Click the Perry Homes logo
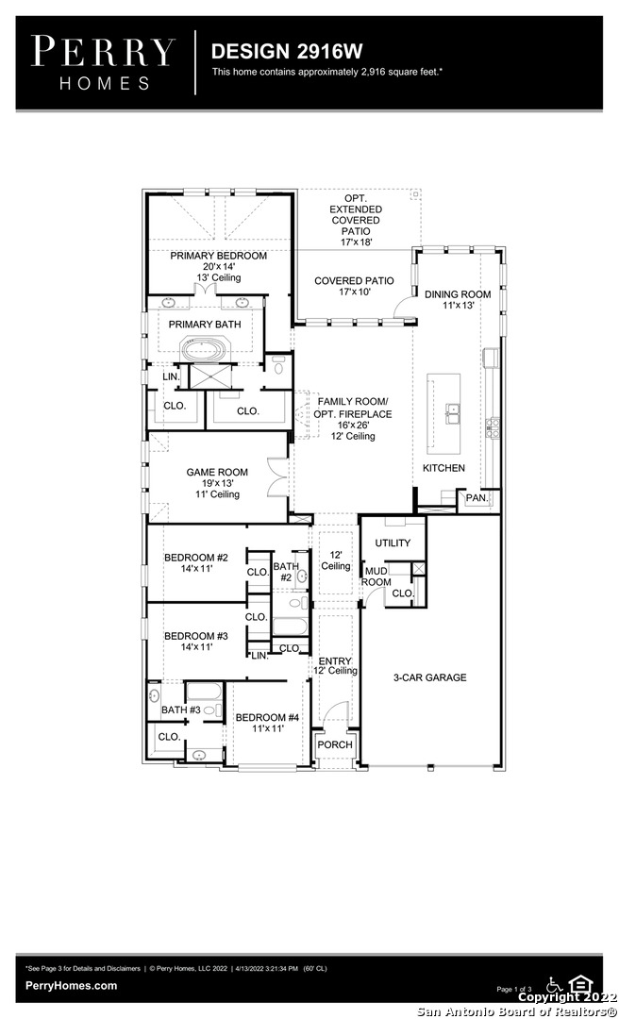click(x=104, y=62)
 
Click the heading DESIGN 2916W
click(x=287, y=51)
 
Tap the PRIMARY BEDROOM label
click(x=219, y=256)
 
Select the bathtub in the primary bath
click(x=205, y=349)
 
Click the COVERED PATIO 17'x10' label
click(x=354, y=287)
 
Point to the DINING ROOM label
click(x=458, y=294)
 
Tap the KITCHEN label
click(x=444, y=468)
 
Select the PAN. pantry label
click(x=477, y=498)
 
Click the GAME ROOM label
click(x=217, y=473)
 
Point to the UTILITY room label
click(x=393, y=543)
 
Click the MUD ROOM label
click(x=376, y=576)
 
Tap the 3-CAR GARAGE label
click(x=429, y=677)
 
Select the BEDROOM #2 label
click(x=195, y=558)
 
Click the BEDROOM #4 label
click(x=267, y=717)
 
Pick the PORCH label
click(x=335, y=744)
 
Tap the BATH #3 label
click(x=181, y=710)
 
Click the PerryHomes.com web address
click(x=72, y=986)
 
